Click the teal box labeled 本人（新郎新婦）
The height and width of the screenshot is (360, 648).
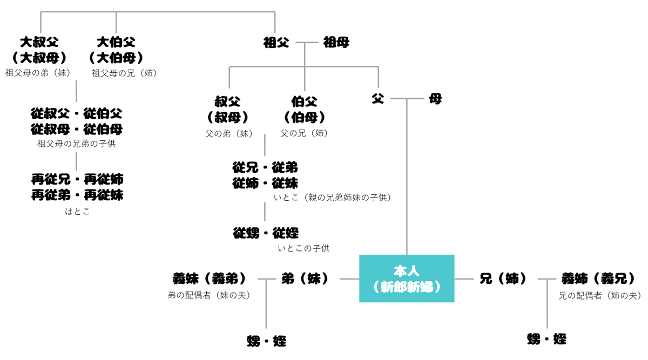coord(407,279)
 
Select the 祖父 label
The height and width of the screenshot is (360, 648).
coord(276,43)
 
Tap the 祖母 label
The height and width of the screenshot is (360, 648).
coord(336,43)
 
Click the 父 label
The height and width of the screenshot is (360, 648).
coord(377,99)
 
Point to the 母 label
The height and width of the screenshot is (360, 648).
coord(435,99)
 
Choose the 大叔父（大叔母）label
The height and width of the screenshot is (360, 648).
coord(39,50)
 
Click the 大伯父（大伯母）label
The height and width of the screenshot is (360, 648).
coord(116,50)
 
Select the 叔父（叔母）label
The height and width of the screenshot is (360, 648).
coord(227,109)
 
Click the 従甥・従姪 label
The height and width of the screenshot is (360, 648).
coord(266,233)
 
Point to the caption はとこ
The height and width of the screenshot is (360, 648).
coord(77,212)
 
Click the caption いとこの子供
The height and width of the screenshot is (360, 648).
coord(303,248)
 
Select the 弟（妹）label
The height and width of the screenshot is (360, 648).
coord(305,279)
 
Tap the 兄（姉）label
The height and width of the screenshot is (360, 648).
coord(503,279)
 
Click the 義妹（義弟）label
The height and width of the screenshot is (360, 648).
coord(210,279)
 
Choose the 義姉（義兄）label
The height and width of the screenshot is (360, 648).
coord(599,279)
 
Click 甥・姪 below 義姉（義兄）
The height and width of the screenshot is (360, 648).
coord(546,339)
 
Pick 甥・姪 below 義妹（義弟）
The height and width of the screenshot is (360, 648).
coord(266,341)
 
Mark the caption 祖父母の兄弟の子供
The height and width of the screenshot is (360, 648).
coord(76,144)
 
